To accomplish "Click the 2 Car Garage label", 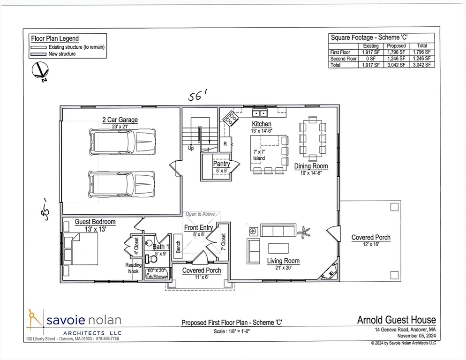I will tap(120, 120).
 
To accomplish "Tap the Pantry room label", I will tap(221, 164).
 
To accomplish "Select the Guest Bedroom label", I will tap(95, 222).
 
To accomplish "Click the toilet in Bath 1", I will tap(152, 258).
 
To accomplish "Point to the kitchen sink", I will tap(259, 113).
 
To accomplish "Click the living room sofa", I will tap(278, 230).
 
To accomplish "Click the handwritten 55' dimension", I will tap(198, 97).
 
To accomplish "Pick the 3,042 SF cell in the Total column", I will tap(421, 65).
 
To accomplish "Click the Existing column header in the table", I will tap(370, 46).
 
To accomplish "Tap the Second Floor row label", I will tap(344, 59).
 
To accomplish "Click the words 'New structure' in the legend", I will tap(62, 54).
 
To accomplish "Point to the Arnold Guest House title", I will tap(396, 321).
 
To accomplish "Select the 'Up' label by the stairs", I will tap(191, 148).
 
